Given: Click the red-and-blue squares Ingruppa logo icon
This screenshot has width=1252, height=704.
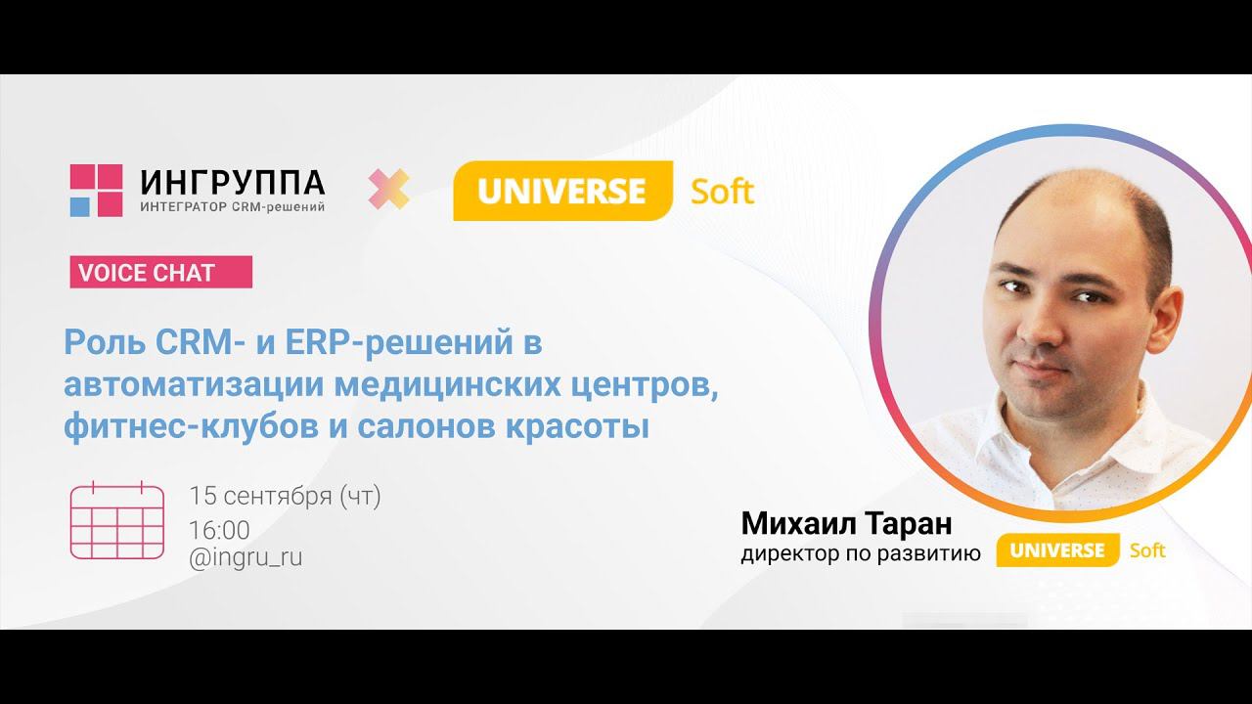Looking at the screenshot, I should (96, 190).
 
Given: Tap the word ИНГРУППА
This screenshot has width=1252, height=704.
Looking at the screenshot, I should (233, 182).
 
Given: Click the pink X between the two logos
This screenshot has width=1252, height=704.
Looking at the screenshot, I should (388, 189).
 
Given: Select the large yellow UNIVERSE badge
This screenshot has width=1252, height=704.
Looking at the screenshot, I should (561, 191).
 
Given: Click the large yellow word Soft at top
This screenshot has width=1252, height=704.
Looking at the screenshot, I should (722, 191).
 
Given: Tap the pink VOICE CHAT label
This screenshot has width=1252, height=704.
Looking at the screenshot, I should (160, 273).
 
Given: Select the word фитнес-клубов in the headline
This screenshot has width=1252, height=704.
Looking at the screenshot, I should (186, 427).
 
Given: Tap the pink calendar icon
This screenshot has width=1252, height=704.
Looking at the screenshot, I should (116, 520).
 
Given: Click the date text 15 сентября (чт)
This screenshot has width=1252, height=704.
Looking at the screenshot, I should (285, 497).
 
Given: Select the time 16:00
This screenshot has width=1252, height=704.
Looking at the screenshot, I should (219, 530).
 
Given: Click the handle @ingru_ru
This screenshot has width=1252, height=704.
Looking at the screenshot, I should (246, 557).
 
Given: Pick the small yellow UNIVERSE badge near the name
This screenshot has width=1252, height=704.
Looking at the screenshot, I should (1056, 550).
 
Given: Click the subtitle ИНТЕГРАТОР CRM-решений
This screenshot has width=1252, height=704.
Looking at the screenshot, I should (233, 206).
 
